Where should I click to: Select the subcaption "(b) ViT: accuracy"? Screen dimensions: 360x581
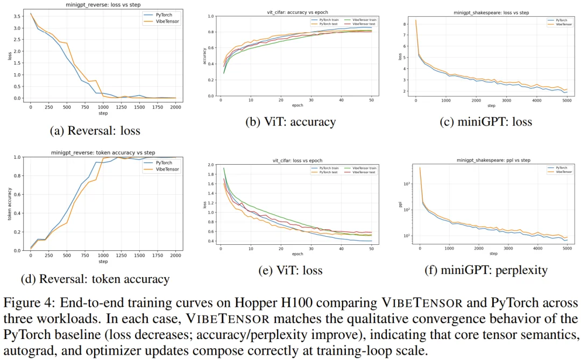290,122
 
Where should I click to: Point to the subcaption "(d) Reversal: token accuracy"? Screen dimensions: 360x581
95,279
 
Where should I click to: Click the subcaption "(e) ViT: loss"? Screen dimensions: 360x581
290,271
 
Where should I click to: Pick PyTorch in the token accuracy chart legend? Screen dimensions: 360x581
164,162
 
